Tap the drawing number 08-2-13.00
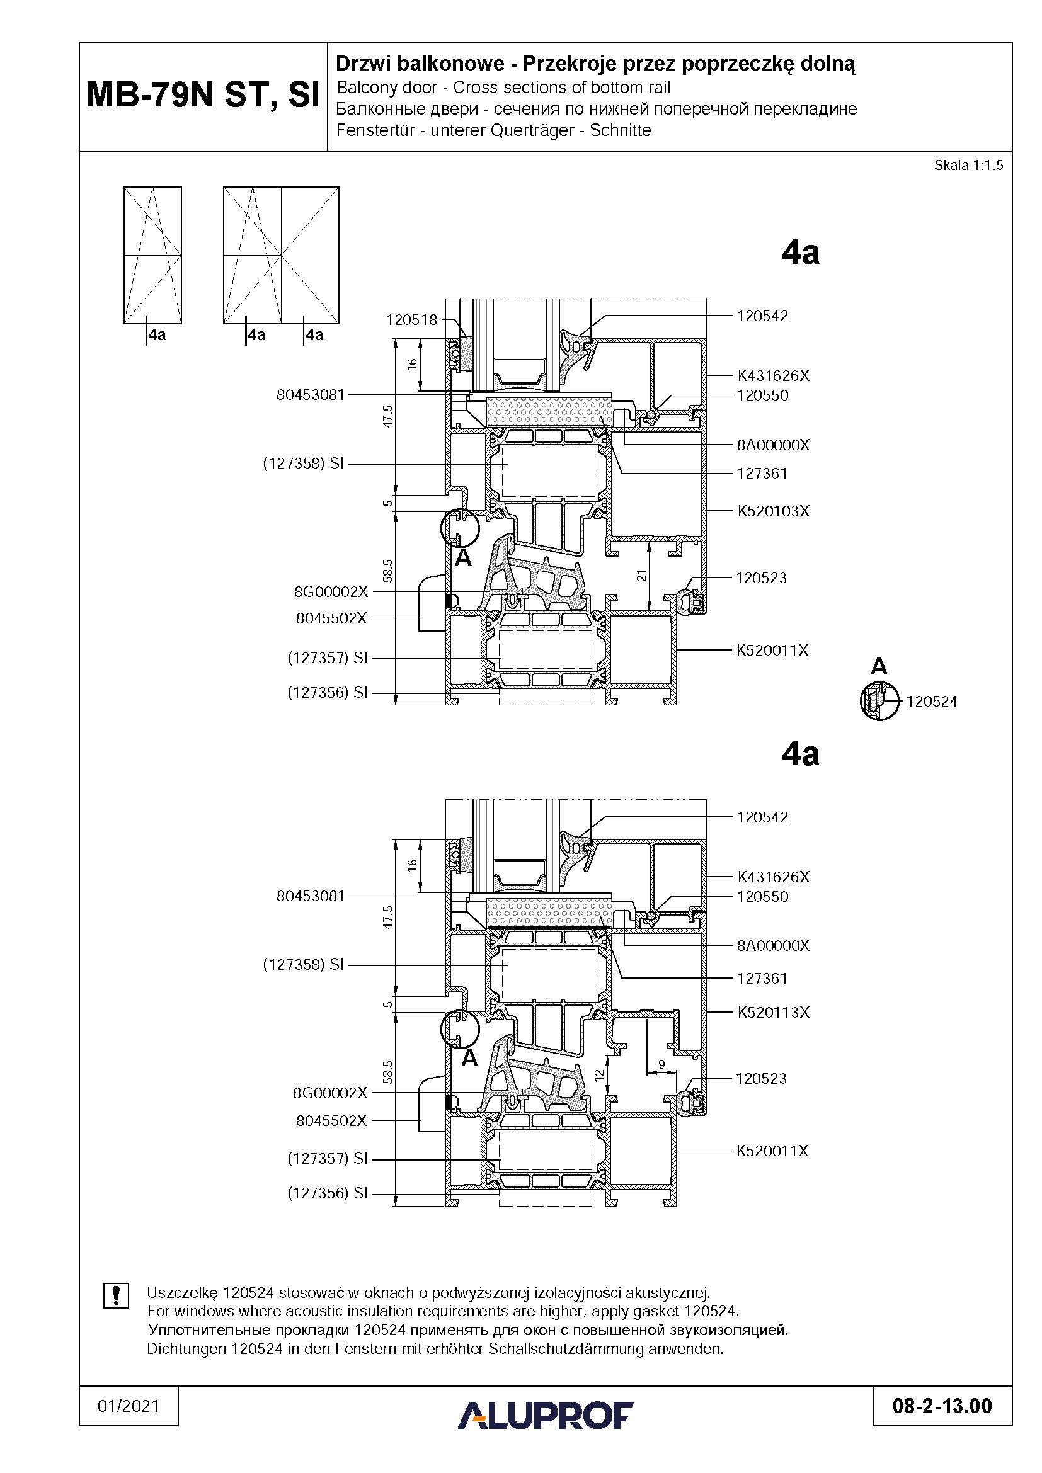click(x=942, y=1407)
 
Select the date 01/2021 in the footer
click(x=129, y=1406)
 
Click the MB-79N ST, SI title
click(x=203, y=95)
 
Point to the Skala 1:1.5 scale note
click(x=968, y=166)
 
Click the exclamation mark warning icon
click(x=116, y=1295)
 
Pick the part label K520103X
click(x=773, y=511)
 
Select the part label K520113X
click(x=773, y=1013)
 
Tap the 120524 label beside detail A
click(x=932, y=702)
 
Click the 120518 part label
click(x=411, y=319)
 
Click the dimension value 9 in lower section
click(x=661, y=1064)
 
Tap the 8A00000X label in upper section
click(x=773, y=445)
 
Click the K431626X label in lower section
click(x=773, y=877)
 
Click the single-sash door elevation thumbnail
click(x=152, y=255)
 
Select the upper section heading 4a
click(x=801, y=253)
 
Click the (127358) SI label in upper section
click(x=304, y=464)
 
